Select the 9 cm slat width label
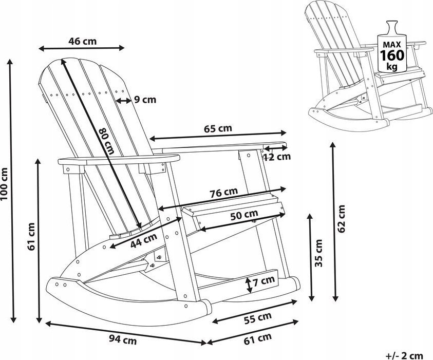tap(145, 100)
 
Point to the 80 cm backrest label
tap(106, 141)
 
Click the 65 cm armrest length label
tap(218, 128)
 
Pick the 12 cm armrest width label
tap(277, 157)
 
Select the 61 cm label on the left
tap(31, 236)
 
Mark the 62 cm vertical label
tap(343, 219)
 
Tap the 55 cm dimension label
tap(257, 318)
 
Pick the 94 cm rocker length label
tap(122, 339)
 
